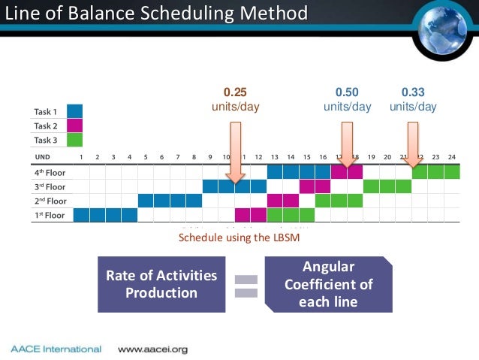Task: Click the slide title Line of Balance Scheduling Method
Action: (x=156, y=14)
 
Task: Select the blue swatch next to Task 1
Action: (x=74, y=111)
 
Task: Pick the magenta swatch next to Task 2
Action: (x=74, y=126)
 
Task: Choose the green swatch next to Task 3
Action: (x=74, y=139)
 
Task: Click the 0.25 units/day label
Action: (x=236, y=99)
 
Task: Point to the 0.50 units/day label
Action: (x=347, y=99)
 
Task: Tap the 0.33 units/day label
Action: (x=413, y=99)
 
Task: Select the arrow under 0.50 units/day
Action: (x=347, y=149)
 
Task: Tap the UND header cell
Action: (x=44, y=156)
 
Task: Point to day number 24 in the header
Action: (x=452, y=156)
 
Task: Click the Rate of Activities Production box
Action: (x=161, y=284)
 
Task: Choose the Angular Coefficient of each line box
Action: (x=327, y=284)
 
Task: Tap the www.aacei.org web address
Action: (x=153, y=349)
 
